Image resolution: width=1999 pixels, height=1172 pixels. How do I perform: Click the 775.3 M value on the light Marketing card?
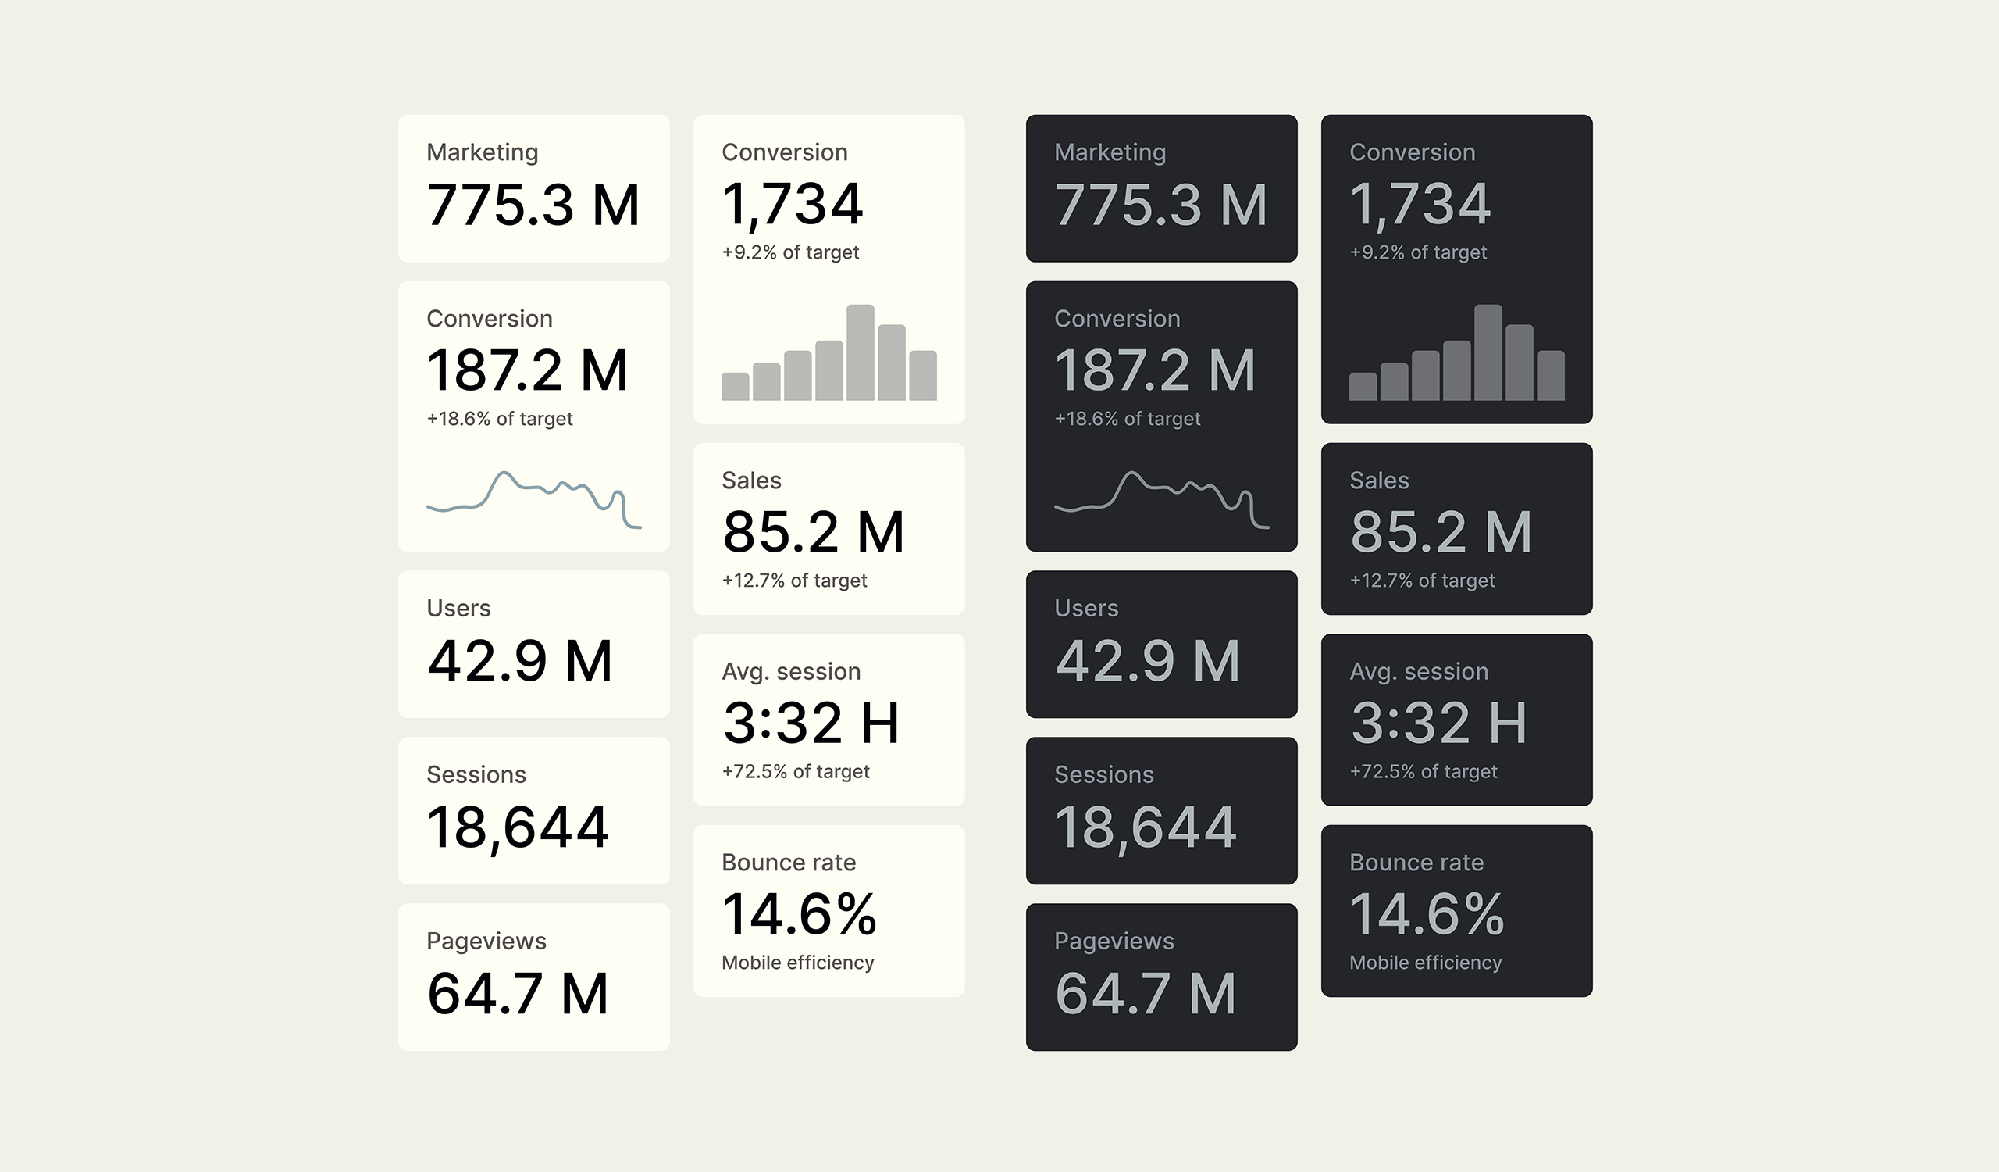coord(533,205)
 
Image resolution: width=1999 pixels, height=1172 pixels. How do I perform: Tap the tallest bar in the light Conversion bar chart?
coord(860,353)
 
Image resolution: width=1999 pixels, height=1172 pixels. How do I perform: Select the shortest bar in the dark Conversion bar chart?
coord(1363,387)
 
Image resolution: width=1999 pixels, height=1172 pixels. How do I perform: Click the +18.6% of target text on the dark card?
coord(1127,419)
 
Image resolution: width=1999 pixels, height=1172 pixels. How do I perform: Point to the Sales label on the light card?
coord(750,480)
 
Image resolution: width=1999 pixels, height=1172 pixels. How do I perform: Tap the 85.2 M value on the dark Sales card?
coord(1440,531)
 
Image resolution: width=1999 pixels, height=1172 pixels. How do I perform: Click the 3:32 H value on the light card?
coord(811,723)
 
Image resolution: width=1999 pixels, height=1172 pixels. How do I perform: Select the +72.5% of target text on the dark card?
coord(1423,771)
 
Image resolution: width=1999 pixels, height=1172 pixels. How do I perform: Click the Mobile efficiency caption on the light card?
coord(797,963)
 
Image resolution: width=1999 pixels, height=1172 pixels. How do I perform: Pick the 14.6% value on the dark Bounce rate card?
coord(1427,914)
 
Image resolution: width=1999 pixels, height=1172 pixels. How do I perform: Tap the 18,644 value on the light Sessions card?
coord(517,827)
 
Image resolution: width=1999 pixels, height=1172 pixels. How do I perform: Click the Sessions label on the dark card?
coord(1103,774)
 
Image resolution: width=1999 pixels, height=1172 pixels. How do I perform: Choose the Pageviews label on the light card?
coord(486,941)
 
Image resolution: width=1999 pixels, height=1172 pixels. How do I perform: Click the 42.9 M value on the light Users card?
coord(519,661)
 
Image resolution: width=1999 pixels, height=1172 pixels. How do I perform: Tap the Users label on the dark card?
coord(1086,608)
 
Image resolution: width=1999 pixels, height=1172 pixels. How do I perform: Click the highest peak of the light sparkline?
coord(503,473)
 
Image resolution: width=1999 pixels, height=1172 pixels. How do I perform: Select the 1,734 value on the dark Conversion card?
coord(1419,205)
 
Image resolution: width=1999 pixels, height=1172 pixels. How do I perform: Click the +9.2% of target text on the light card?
coord(790,252)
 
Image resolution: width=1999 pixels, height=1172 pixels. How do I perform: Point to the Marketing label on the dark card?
coord(1110,152)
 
